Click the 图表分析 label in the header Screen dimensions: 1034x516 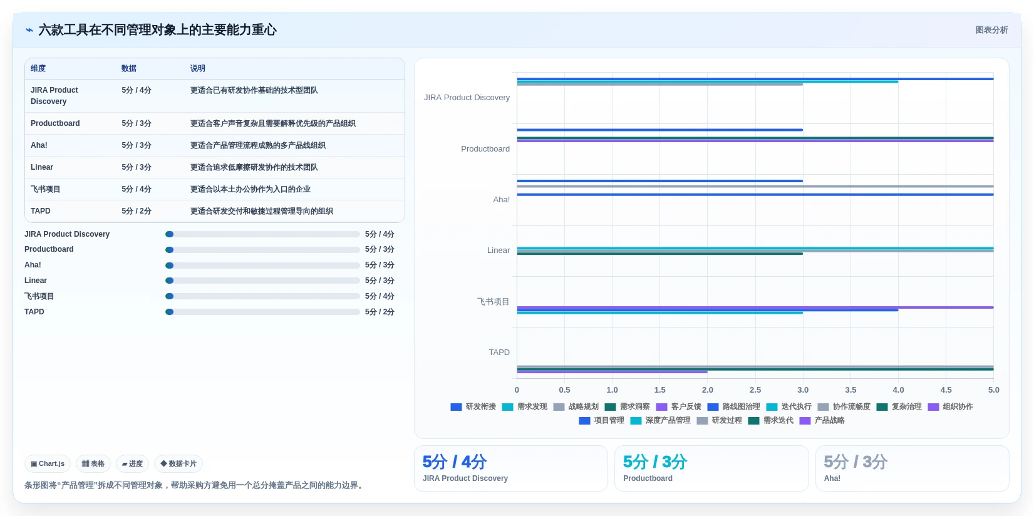991,30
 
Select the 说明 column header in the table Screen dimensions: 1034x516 197,68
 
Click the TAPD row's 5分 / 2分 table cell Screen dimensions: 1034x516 137,211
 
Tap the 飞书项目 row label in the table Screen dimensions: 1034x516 45,189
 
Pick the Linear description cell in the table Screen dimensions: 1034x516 254,167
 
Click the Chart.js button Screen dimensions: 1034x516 48,463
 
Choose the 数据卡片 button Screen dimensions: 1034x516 178,463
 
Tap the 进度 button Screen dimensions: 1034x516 133,463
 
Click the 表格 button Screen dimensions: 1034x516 93,463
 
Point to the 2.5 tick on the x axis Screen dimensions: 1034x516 755,390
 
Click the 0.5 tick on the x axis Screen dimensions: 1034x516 564,390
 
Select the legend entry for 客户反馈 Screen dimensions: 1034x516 678,406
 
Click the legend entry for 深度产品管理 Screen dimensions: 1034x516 661,420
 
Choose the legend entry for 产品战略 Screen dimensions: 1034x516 822,420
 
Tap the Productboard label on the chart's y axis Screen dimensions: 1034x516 485,148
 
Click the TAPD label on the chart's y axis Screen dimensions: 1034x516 499,352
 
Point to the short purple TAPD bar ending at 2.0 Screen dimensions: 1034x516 612,372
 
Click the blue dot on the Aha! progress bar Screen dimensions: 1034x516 169,266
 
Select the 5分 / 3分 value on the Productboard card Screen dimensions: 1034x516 655,462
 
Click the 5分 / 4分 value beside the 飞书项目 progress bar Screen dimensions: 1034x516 380,296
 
